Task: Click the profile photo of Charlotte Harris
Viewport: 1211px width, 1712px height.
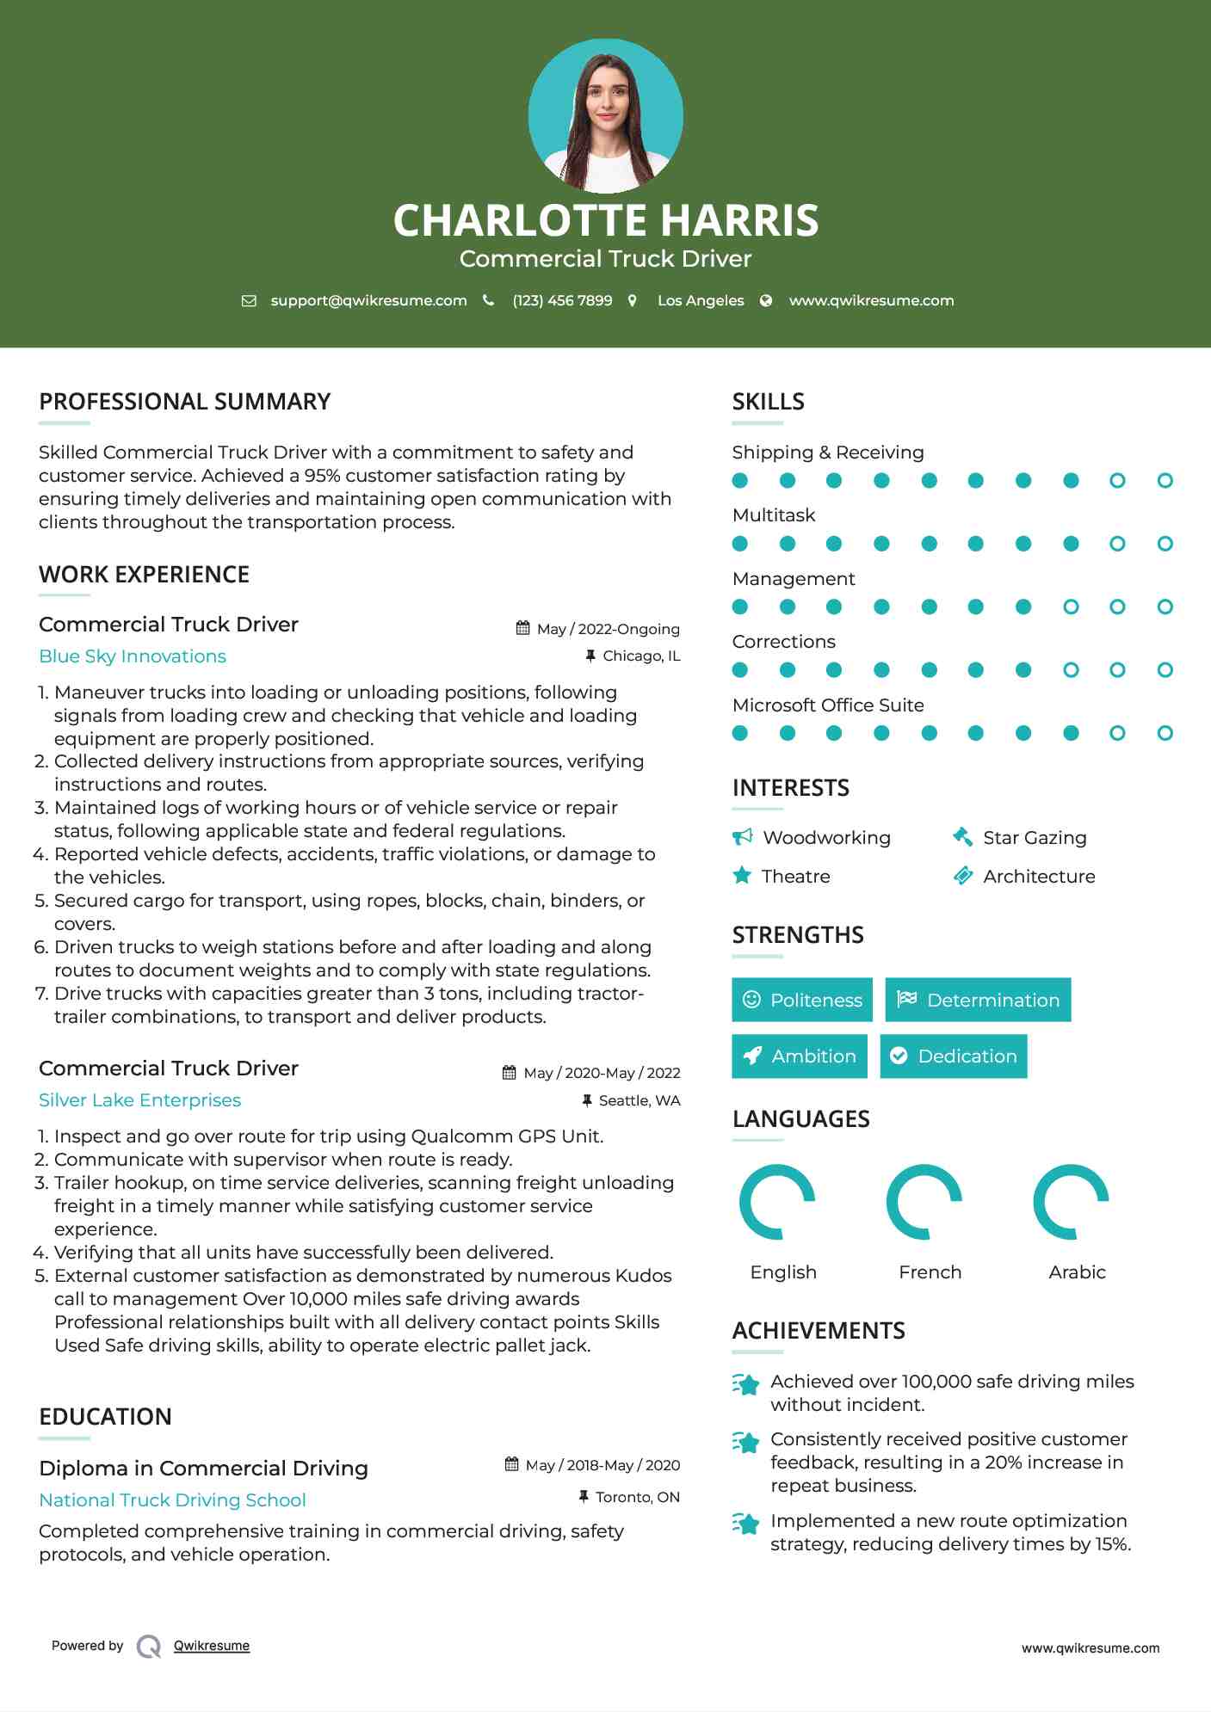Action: point(605,116)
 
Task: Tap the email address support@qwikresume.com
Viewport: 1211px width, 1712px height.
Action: point(368,301)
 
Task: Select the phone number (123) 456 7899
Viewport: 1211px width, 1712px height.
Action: point(562,301)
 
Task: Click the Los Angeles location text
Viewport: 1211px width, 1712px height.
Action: point(701,301)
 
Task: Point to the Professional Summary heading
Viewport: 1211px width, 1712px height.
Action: point(185,402)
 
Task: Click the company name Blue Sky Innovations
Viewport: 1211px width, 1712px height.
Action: point(133,656)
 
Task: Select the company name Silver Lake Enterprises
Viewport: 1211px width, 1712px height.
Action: point(139,1100)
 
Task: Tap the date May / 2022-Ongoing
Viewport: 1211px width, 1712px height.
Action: point(608,629)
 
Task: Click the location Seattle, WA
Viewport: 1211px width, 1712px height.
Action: point(639,1100)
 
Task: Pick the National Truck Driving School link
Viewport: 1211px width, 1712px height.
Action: point(172,1500)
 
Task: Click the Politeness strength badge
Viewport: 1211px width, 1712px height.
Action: point(802,1000)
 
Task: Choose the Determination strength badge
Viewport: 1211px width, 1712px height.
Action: point(978,1000)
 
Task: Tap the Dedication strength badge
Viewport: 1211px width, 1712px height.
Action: point(954,1056)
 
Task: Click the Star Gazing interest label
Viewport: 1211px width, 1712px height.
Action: point(1035,838)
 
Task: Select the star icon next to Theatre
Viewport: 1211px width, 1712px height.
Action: point(742,876)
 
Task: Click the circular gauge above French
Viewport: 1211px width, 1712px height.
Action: point(924,1202)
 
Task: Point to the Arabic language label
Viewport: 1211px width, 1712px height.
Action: point(1077,1272)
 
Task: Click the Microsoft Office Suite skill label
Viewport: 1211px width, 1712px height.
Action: point(828,705)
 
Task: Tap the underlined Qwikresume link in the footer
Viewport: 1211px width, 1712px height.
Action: point(212,1646)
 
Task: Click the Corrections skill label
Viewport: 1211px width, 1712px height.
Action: point(784,642)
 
